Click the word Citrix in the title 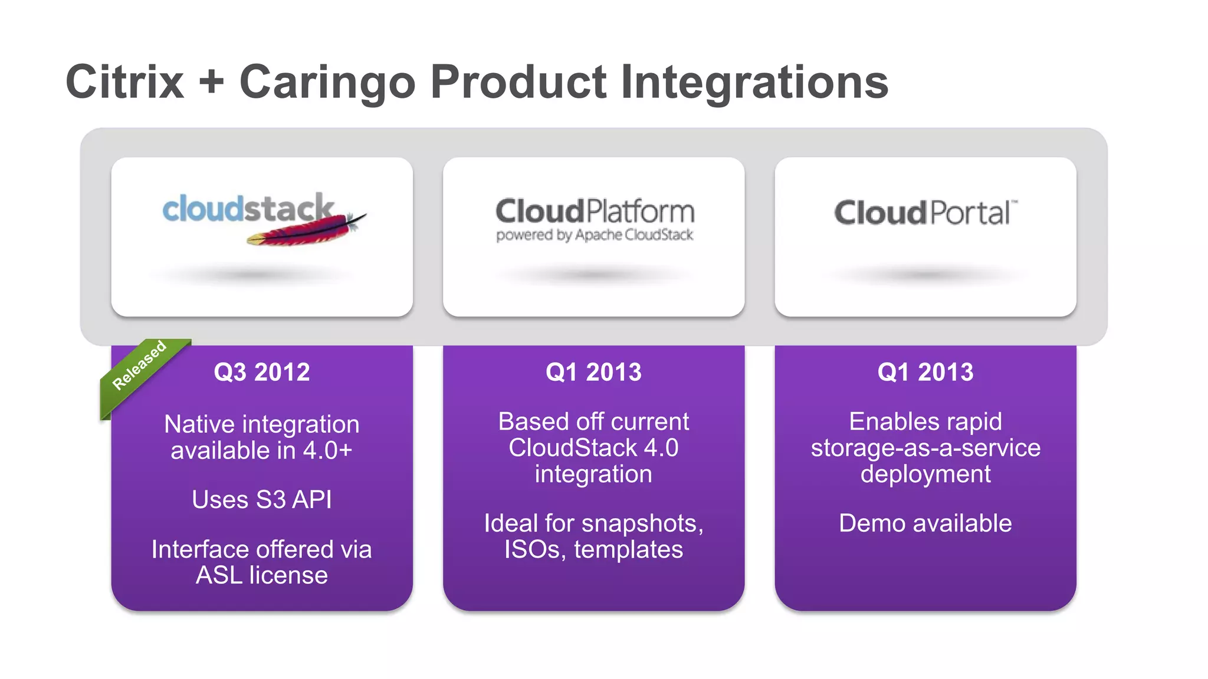click(x=125, y=82)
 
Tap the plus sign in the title click(x=211, y=83)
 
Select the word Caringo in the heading click(x=327, y=82)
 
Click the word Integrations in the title click(x=754, y=82)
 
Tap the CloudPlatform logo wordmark click(x=595, y=211)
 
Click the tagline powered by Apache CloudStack click(x=595, y=235)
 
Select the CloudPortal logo click(x=925, y=212)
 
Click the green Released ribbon click(x=140, y=366)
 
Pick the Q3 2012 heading click(x=261, y=372)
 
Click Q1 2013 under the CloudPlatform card click(x=593, y=372)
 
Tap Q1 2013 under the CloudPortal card click(x=925, y=372)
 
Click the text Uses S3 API click(x=261, y=500)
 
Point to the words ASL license click(x=261, y=575)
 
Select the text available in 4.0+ click(x=261, y=451)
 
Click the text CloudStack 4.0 click(x=593, y=448)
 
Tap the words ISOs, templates click(x=593, y=549)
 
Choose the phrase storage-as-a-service click(x=925, y=448)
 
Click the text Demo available click(x=925, y=523)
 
